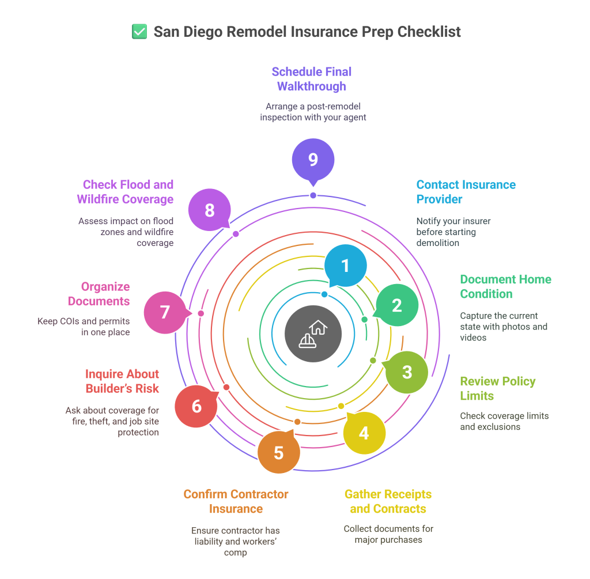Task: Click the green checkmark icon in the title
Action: click(x=139, y=32)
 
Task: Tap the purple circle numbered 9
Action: click(x=313, y=159)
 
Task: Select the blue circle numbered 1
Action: click(x=345, y=266)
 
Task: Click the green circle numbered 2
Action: click(x=397, y=305)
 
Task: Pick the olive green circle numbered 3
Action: click(x=407, y=372)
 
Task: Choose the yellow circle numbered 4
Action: click(x=364, y=433)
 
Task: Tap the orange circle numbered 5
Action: click(x=279, y=452)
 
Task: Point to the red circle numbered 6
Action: click(x=196, y=406)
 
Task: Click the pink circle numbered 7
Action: click(x=165, y=312)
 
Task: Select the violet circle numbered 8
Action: click(x=210, y=210)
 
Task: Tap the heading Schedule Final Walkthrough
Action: click(x=312, y=79)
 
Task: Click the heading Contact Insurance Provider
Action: click(x=466, y=192)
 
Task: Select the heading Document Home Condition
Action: click(x=505, y=286)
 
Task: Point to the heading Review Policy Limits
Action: click(x=497, y=388)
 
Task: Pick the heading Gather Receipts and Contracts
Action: click(x=388, y=501)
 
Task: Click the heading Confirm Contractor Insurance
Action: click(x=236, y=501)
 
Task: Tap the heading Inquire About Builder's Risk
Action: click(x=122, y=381)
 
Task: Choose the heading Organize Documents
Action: click(x=99, y=294)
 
